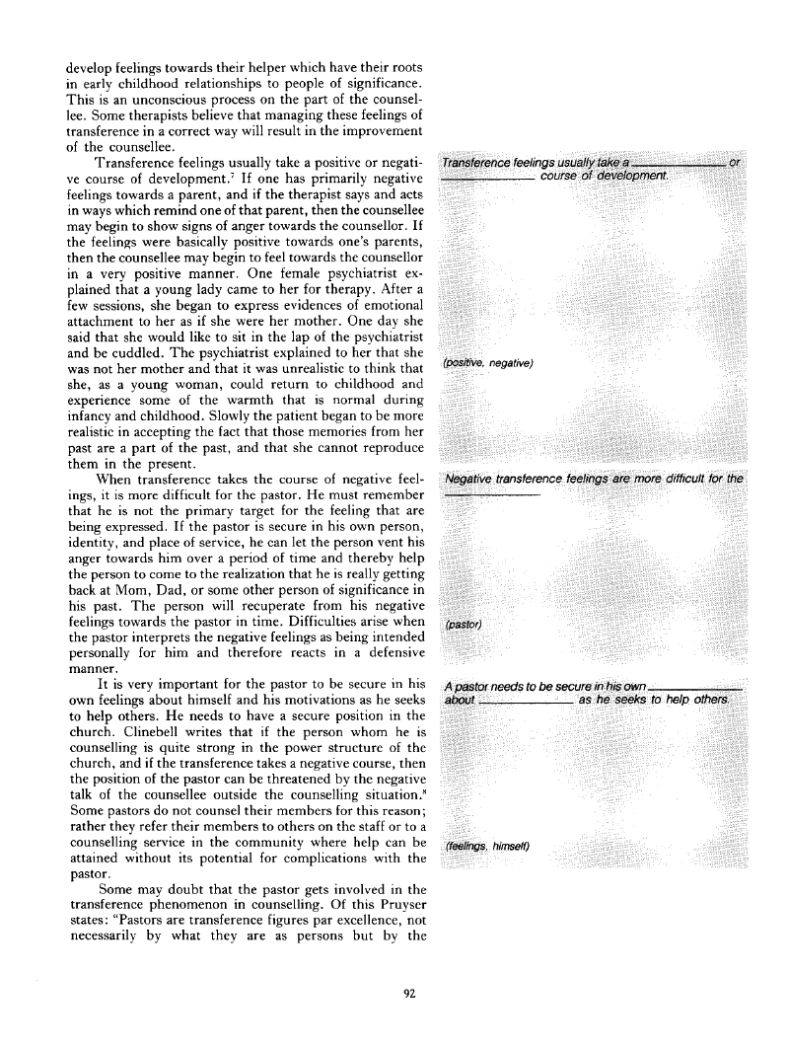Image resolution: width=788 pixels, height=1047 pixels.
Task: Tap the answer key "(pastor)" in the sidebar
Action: click(464, 624)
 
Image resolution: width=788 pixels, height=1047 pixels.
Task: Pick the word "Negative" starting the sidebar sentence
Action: click(474, 479)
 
